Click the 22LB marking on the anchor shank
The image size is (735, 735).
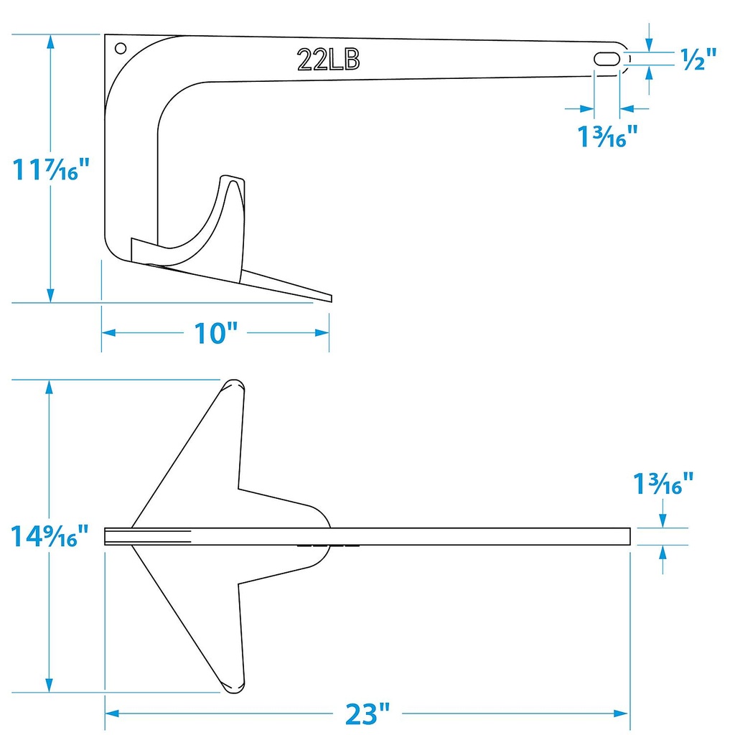[x=329, y=61]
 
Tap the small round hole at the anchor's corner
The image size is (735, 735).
[x=120, y=49]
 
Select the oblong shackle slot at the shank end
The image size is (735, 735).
[x=607, y=59]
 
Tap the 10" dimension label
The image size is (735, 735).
[x=215, y=333]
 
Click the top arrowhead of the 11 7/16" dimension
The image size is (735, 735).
[x=50, y=40]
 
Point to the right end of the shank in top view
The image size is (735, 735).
[x=629, y=536]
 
